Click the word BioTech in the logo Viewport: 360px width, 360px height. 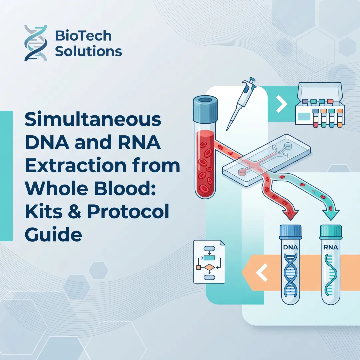(x=83, y=36)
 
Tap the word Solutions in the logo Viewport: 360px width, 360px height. (x=88, y=52)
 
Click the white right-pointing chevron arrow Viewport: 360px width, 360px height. (x=282, y=105)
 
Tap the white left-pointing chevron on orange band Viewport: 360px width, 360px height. (x=262, y=273)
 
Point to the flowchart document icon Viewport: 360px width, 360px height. (x=209, y=262)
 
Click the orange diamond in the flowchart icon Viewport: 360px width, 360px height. (x=209, y=267)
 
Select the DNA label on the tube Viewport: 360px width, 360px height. (x=290, y=248)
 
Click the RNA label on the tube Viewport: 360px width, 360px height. (x=331, y=248)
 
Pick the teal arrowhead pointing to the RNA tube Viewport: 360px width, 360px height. (x=331, y=214)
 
